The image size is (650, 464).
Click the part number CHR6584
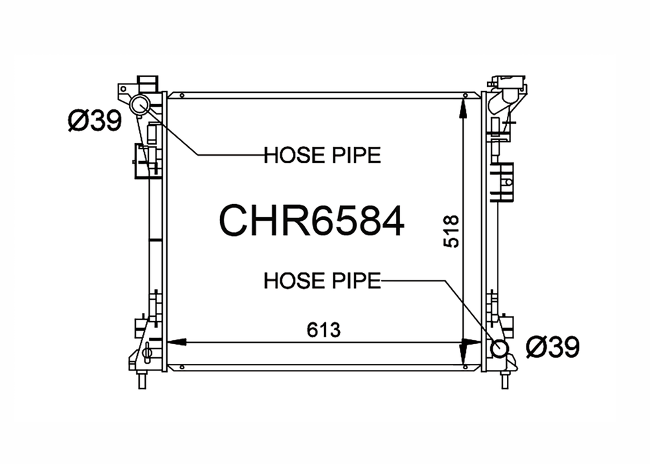point(311,221)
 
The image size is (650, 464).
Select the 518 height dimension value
point(451,231)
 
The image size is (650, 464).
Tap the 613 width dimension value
point(323,330)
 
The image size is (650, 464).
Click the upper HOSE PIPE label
point(322,155)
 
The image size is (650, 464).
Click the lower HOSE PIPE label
point(322,281)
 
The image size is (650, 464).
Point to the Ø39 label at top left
point(95,121)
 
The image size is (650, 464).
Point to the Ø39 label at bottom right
point(552,347)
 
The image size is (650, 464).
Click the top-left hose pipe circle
point(140,105)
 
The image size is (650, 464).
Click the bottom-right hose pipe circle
point(499,348)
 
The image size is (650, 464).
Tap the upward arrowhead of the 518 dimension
point(463,109)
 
